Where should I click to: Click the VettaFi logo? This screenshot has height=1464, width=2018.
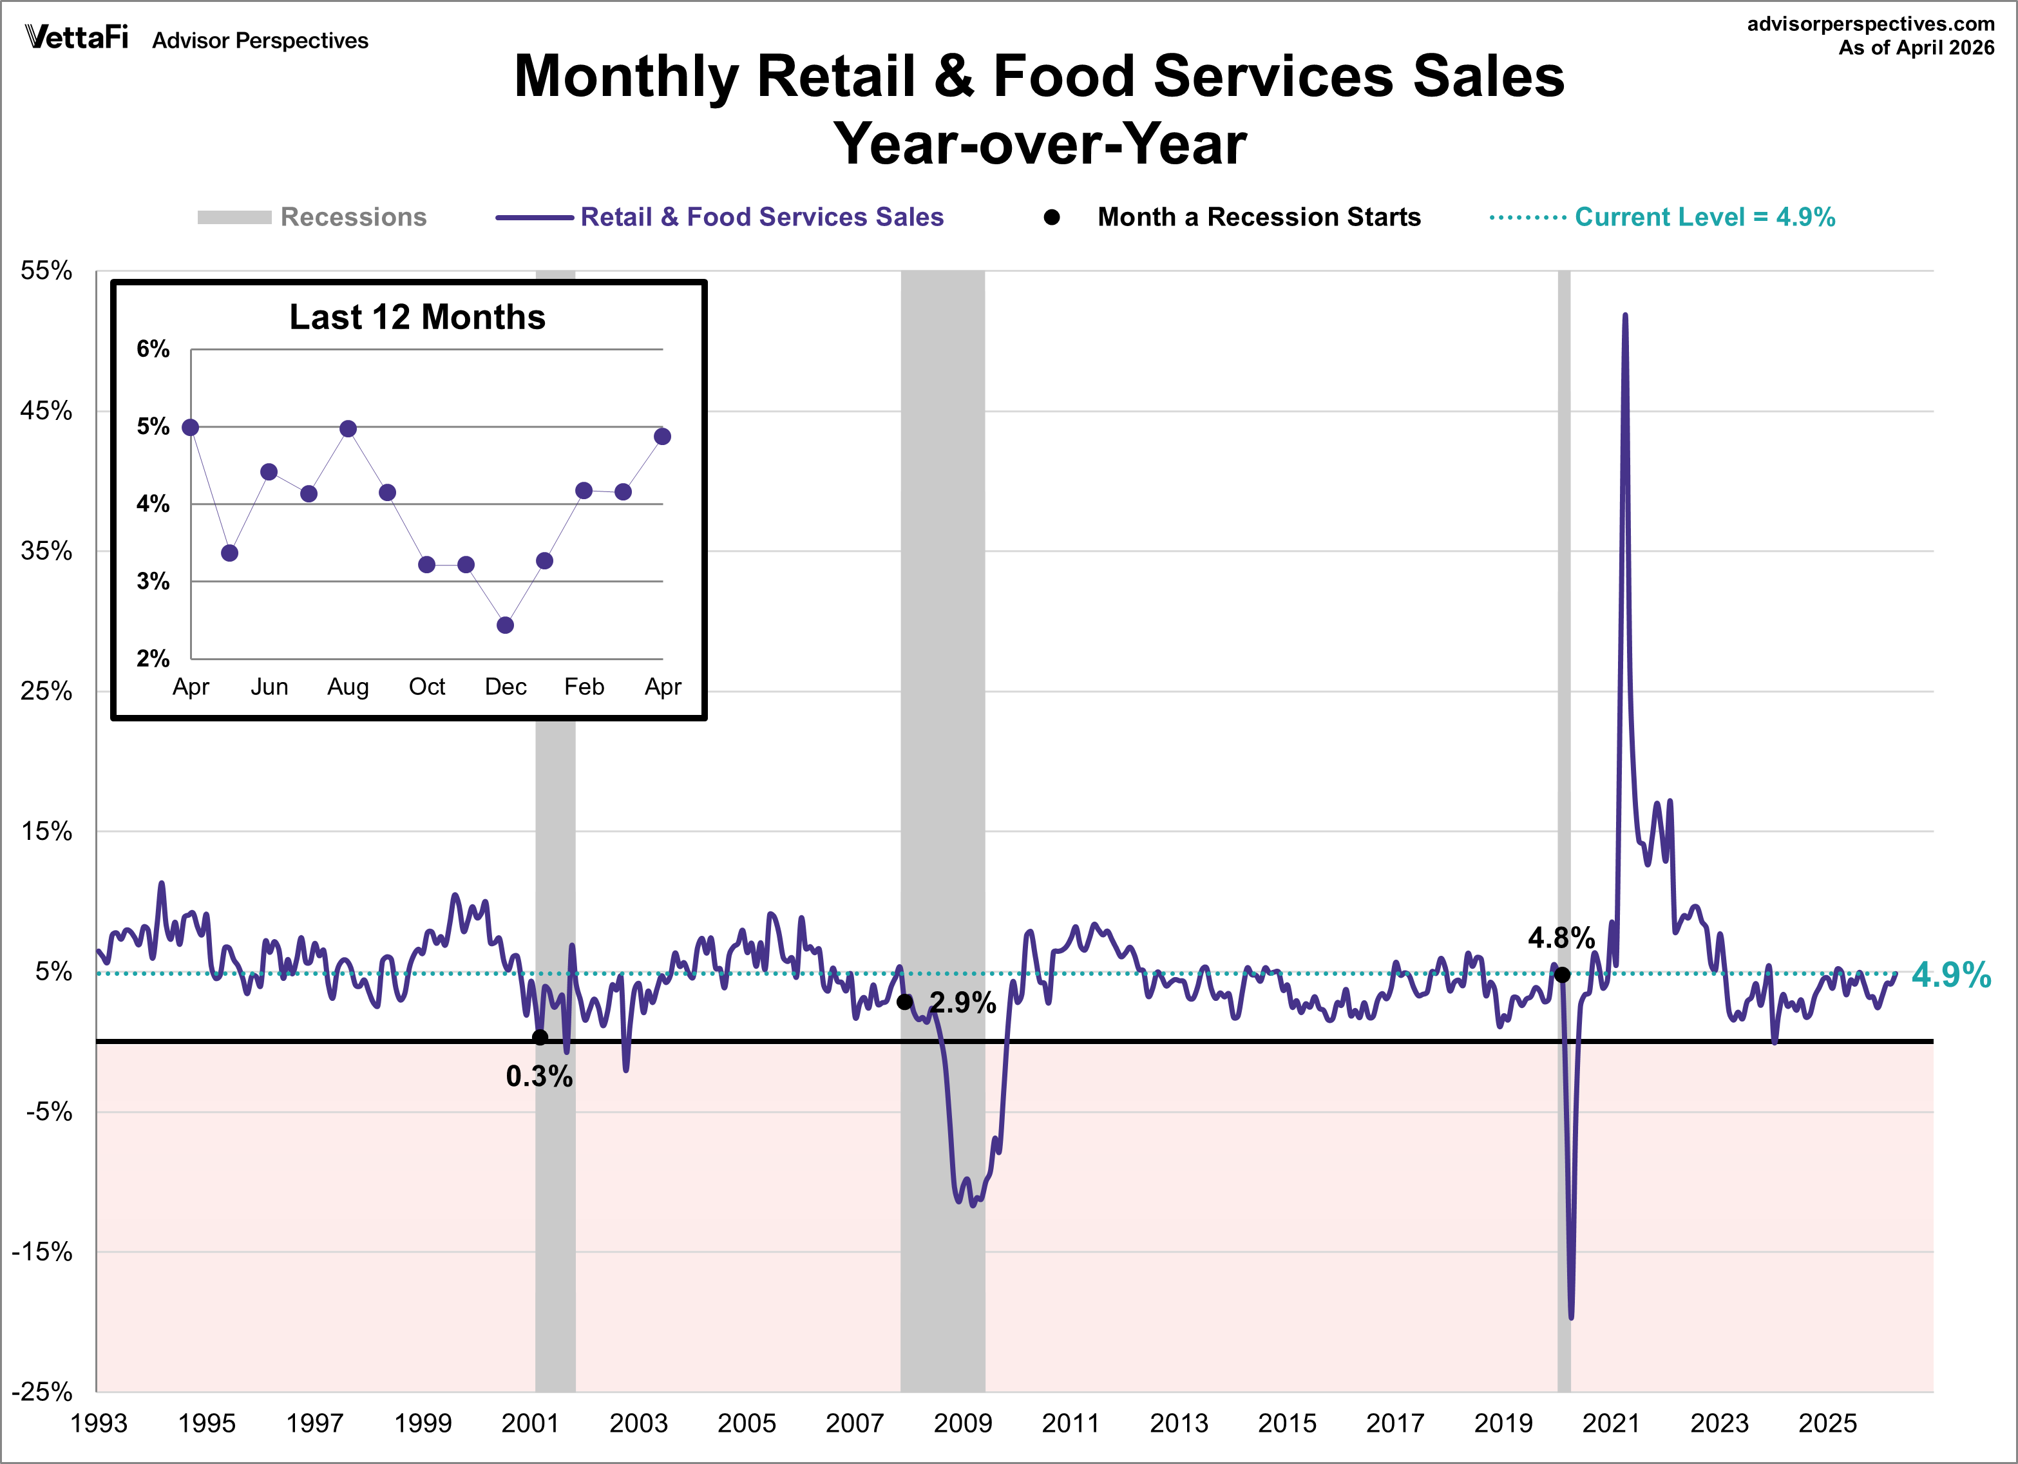point(77,37)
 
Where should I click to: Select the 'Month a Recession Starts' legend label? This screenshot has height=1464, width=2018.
point(1259,217)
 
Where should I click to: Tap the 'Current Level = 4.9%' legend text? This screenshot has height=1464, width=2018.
point(1705,217)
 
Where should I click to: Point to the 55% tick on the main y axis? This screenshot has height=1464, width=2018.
point(46,271)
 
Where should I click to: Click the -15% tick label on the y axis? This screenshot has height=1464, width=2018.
point(42,1252)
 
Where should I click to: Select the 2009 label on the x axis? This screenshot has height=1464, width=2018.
point(963,1423)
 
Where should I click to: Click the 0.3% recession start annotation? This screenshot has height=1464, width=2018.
point(539,1077)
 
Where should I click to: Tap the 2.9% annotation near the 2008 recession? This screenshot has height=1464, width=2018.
point(963,1003)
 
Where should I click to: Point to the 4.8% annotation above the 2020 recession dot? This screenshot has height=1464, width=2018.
point(1561,938)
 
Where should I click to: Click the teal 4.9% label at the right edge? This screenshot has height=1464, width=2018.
point(1951,974)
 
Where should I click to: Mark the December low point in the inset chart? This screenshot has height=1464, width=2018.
point(506,625)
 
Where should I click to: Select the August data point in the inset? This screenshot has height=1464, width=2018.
point(348,429)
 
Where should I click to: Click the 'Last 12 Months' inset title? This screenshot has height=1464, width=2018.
point(417,317)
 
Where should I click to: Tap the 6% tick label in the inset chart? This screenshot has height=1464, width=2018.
point(153,349)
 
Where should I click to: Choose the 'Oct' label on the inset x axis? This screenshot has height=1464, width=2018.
point(427,687)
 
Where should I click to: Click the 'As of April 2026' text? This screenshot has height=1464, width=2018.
point(1917,48)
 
